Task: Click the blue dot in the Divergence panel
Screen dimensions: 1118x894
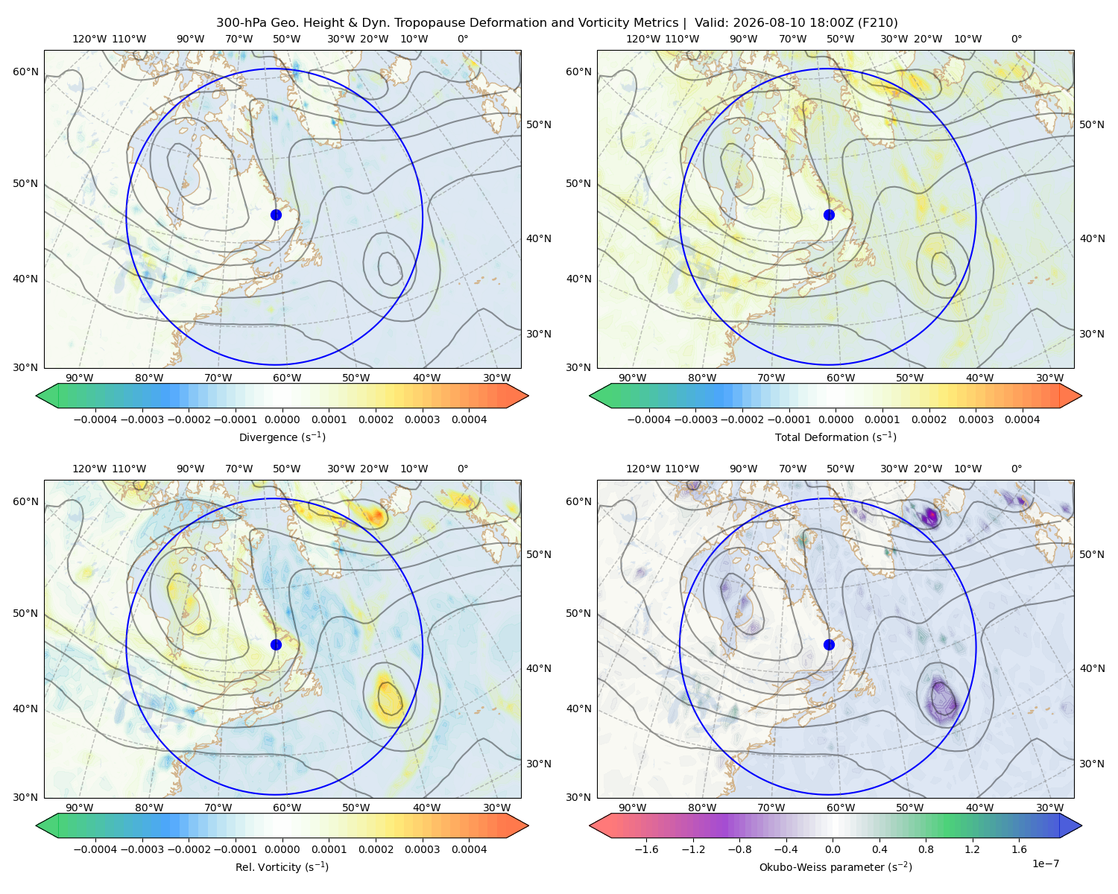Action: (276, 215)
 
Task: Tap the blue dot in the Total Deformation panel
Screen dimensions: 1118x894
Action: (829, 215)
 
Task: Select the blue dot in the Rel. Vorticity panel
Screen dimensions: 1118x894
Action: (276, 644)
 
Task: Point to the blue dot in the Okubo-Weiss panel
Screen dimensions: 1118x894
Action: (829, 644)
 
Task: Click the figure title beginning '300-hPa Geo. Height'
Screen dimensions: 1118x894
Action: (557, 23)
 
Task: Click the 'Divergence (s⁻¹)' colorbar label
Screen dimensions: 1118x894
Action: (282, 437)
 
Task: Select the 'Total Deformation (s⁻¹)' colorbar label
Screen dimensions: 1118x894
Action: (836, 437)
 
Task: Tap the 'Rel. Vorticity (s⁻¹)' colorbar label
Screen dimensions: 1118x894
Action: (282, 867)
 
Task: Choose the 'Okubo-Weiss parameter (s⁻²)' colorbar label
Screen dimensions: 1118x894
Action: (836, 867)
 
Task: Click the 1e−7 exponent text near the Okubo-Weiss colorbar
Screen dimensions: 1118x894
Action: (1045, 863)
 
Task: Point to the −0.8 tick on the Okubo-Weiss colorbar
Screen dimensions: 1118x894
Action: (740, 849)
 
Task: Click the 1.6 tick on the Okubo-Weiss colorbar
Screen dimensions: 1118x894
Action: (1020, 849)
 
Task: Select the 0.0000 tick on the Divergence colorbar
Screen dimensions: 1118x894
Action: (282, 419)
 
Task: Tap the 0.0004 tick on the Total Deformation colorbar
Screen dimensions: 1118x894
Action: (1022, 419)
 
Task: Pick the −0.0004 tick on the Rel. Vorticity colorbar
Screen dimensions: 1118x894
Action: (95, 849)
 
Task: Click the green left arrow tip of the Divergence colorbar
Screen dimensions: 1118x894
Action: (37, 396)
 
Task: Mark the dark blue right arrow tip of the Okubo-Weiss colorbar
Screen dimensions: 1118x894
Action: (1081, 825)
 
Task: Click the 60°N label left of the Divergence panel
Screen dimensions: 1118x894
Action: (25, 72)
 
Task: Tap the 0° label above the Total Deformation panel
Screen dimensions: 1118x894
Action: (1016, 39)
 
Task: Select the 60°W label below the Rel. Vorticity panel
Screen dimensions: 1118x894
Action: (287, 808)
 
